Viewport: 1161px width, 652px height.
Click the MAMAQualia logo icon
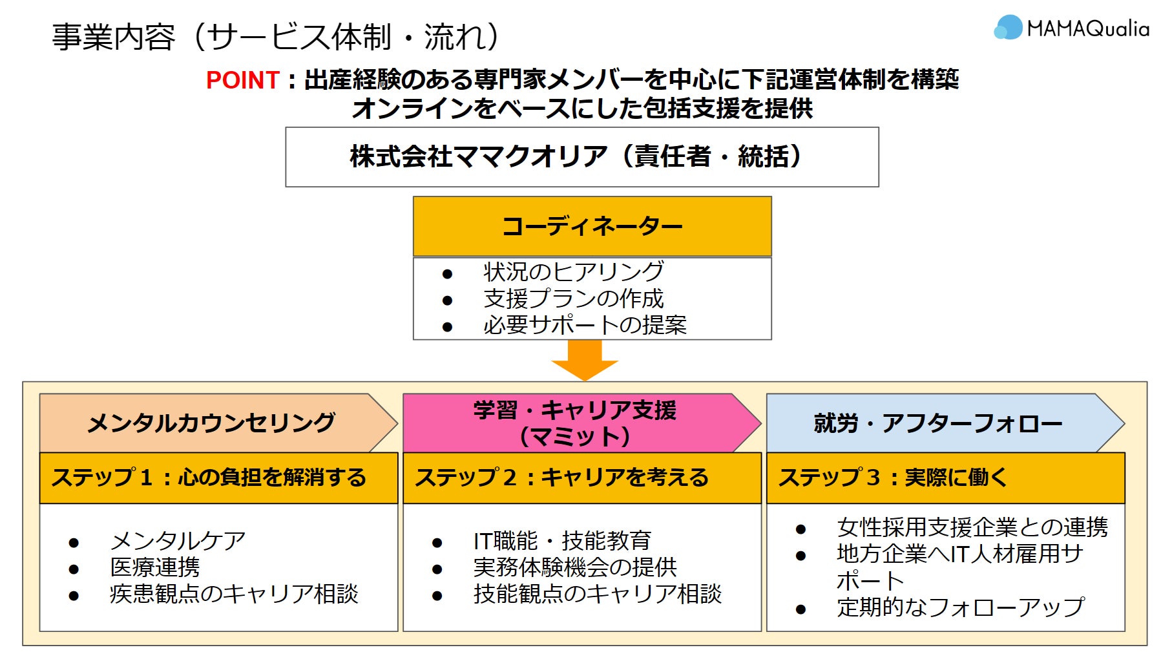click(1007, 28)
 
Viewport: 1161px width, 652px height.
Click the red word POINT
click(242, 80)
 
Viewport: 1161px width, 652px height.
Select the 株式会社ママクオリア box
click(581, 157)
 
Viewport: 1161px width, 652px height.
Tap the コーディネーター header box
click(592, 226)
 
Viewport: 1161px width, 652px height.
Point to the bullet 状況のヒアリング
click(573, 271)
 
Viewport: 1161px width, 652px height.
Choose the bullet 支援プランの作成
click(573, 299)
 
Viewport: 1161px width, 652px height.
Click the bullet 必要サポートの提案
click(584, 324)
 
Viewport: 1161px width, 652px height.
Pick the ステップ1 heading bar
click(218, 478)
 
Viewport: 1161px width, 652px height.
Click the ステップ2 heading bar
click(581, 478)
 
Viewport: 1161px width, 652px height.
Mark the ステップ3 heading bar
click(945, 478)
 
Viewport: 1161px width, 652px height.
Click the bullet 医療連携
click(155, 567)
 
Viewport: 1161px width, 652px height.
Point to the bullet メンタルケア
click(178, 540)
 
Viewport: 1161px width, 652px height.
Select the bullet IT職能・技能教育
click(561, 540)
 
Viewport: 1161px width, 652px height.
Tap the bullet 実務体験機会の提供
click(574, 567)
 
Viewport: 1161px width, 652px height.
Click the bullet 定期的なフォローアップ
click(959, 607)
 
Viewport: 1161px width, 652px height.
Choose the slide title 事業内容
click(113, 37)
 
